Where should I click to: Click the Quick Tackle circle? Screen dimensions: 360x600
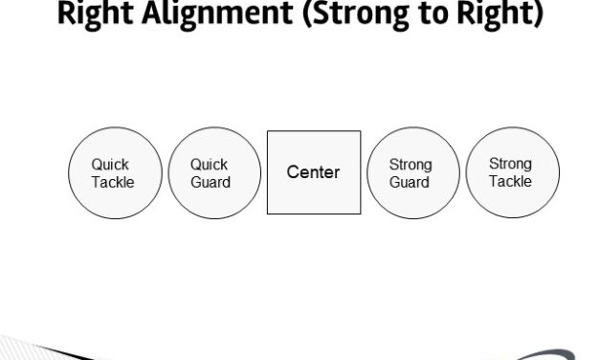point(114,173)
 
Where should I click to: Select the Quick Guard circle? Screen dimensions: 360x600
point(213,173)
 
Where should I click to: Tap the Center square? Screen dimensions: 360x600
point(314,172)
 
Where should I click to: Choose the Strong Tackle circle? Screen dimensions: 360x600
point(512,172)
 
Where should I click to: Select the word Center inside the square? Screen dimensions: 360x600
point(314,172)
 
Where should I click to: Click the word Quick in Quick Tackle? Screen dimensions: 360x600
point(111,165)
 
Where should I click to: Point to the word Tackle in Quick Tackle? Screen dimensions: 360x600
point(113,182)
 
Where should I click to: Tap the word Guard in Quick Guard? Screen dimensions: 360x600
point(211,182)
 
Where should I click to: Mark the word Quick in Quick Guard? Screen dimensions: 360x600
point(210,165)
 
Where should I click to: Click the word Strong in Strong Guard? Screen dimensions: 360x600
point(411,166)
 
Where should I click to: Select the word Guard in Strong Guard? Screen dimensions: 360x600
point(410,182)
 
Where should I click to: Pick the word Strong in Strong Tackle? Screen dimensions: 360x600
point(510,164)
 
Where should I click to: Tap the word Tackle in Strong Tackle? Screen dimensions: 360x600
point(510,181)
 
